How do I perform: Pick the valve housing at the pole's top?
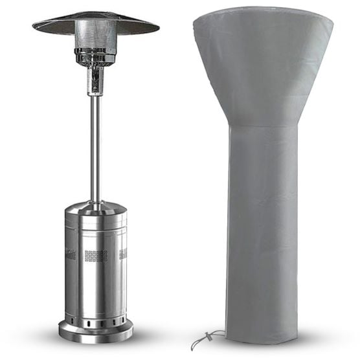point(95,80)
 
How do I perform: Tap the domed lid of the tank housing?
point(96,208)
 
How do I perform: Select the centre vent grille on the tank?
point(96,256)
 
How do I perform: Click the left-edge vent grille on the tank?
point(70,254)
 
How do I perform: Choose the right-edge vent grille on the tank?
point(123,254)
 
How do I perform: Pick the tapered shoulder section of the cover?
point(262,78)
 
